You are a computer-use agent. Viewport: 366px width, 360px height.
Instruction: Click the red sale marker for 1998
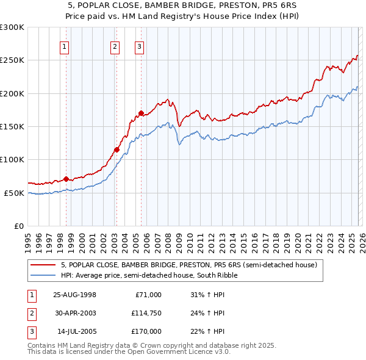coord(66,179)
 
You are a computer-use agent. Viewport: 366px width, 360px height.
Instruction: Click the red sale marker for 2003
coord(117,149)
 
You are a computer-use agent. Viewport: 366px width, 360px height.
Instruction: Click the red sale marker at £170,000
coord(141,113)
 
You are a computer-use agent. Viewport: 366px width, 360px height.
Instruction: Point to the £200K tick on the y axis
coord(12,93)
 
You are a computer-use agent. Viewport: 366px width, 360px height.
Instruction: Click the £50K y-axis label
coord(14,193)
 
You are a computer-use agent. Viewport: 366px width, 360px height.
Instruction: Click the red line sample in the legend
coord(43,265)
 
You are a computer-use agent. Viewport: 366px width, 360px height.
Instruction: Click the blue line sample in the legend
coord(43,276)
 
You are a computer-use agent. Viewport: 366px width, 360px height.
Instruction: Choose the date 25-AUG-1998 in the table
coord(74,295)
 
